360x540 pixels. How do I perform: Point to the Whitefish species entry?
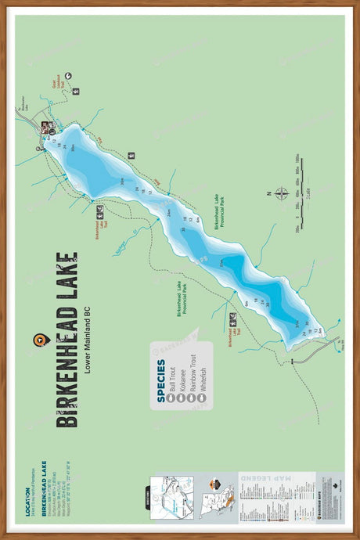point(201,376)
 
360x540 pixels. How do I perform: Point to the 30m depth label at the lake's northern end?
point(72,147)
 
